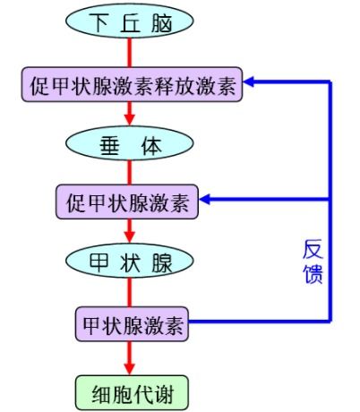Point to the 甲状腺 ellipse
click(x=132, y=262)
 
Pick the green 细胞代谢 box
click(x=132, y=391)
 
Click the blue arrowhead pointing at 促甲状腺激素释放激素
click(x=253, y=82)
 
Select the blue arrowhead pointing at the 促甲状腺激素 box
click(x=207, y=200)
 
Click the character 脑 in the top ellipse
click(x=163, y=24)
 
